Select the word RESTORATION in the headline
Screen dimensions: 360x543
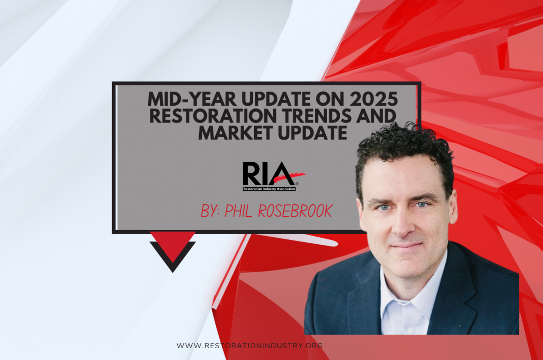tap(213, 116)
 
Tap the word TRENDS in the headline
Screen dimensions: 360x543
tap(316, 116)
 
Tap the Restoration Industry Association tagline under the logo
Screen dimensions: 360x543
tap(269, 187)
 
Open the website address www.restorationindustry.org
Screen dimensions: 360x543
tap(250, 345)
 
